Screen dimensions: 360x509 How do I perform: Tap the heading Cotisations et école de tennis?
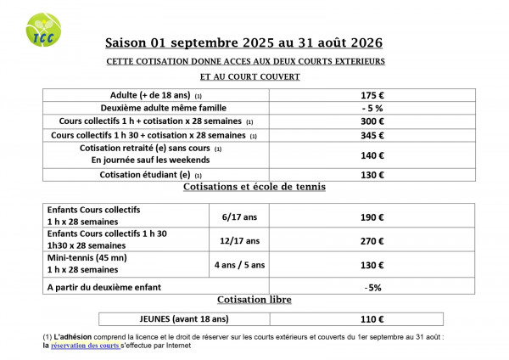click(254, 187)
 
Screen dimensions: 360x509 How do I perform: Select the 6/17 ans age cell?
click(239, 217)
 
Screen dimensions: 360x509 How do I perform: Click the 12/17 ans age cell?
click(239, 240)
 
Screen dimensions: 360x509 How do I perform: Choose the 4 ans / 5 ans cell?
click(239, 264)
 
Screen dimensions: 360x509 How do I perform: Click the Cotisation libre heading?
click(254, 300)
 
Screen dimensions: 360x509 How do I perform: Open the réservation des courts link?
click(85, 346)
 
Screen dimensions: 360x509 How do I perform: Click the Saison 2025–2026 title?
click(243, 42)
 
